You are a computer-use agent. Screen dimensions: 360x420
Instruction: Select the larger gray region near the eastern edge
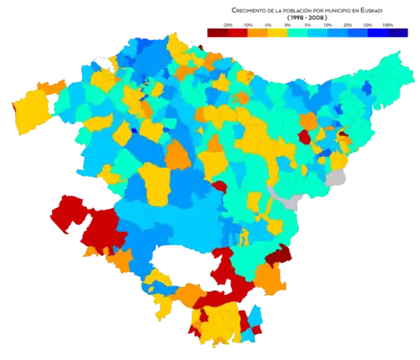337,177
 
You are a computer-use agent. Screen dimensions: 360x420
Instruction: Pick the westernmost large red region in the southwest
66,211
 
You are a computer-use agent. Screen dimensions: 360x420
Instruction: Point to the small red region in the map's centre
219,186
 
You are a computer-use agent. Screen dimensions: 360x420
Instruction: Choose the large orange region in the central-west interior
178,155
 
